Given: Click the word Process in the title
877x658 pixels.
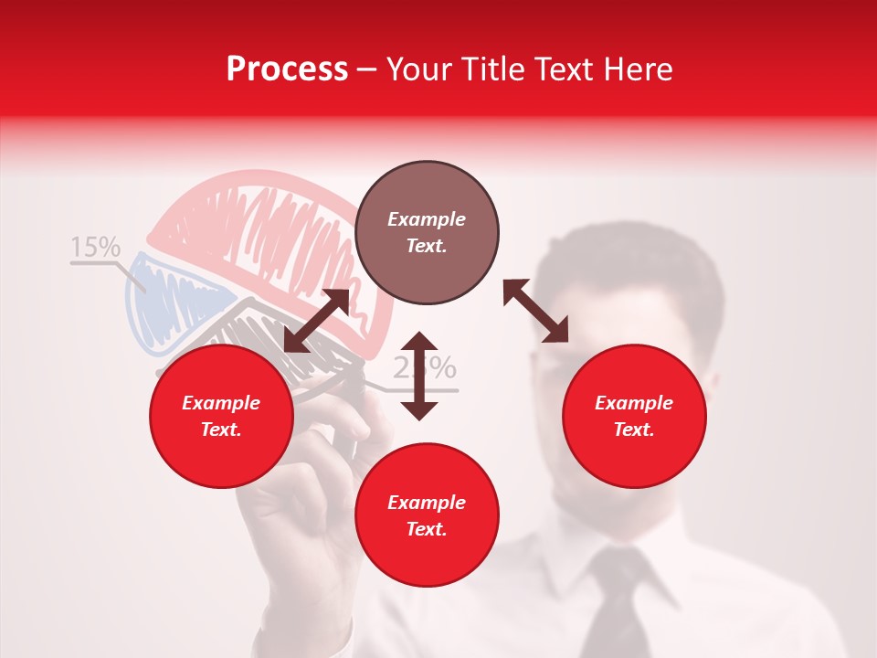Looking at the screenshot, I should click(287, 69).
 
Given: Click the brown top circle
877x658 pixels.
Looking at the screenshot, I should click(427, 233).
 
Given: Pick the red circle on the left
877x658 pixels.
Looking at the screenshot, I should click(221, 417).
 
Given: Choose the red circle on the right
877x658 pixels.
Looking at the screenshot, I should click(634, 417).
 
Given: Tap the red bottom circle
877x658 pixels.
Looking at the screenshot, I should click(427, 515).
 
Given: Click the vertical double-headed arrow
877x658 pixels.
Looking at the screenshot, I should click(419, 376).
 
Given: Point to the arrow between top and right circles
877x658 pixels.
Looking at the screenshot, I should click(535, 311).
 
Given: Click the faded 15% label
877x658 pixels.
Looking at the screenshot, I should click(95, 247).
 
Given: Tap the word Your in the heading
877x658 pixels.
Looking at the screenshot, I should click(418, 69).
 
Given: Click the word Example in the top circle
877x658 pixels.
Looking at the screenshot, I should click(427, 219).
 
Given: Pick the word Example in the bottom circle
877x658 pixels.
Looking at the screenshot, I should click(427, 503).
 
